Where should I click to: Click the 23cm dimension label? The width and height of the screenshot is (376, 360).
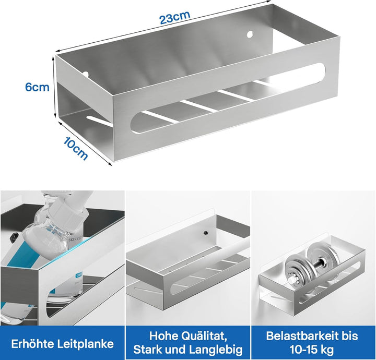click(x=175, y=17)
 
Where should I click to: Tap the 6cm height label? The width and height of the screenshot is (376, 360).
click(x=37, y=87)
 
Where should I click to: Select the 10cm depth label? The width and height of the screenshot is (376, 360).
click(x=76, y=149)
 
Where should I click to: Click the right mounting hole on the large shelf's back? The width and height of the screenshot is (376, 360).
click(x=250, y=34)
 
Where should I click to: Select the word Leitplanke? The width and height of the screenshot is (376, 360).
click(x=85, y=344)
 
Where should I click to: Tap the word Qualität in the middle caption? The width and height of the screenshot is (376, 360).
click(x=204, y=336)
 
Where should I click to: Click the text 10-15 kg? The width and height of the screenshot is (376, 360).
click(x=312, y=350)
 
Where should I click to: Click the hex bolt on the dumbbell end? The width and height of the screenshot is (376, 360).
click(x=292, y=280)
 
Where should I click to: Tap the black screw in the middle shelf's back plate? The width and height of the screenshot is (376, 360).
click(x=206, y=232)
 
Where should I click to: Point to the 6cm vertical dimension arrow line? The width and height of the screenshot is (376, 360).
click(x=54, y=86)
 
